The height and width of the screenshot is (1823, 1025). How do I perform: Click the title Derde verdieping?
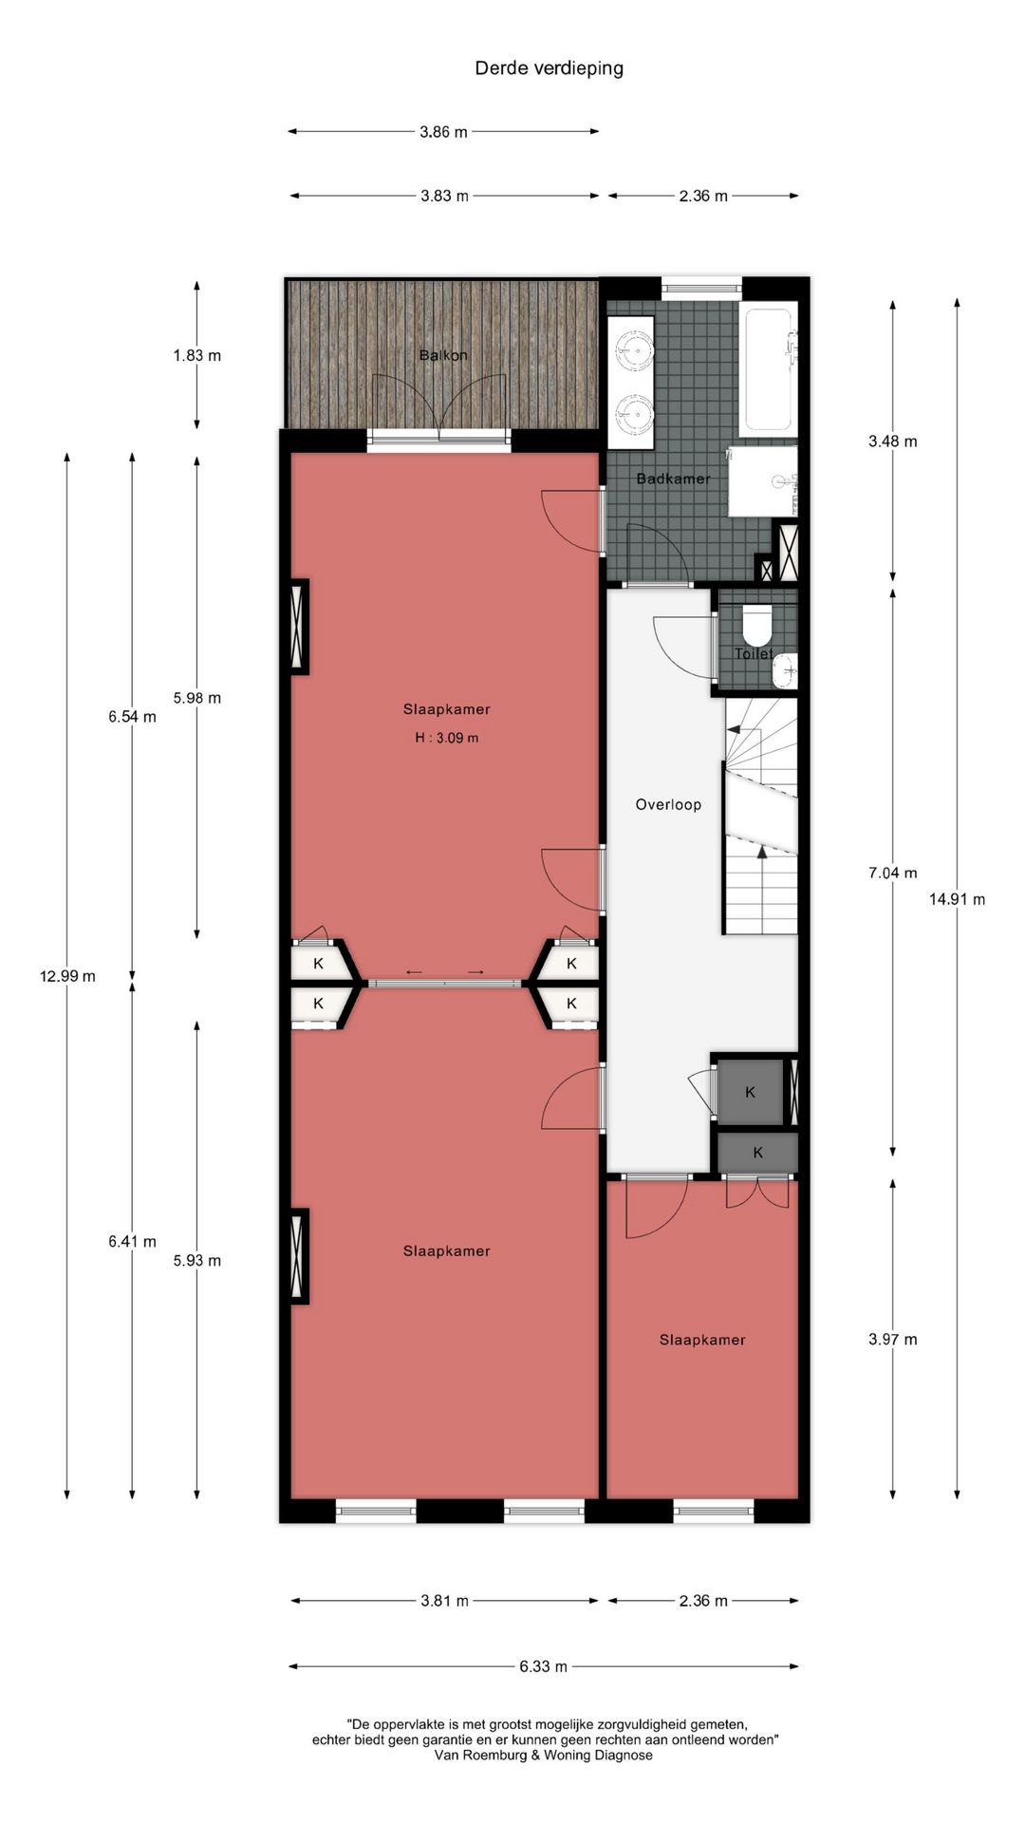549,68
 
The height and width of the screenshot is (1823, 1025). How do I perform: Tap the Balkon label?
443,355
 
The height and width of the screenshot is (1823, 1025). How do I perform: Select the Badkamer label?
673,479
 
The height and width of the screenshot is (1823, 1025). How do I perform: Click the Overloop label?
668,804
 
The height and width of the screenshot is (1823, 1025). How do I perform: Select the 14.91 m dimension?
957,899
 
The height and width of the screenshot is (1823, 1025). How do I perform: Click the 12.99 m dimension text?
67,976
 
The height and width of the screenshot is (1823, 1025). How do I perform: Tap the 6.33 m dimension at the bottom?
543,1666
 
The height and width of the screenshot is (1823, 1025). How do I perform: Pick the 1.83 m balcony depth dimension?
196,356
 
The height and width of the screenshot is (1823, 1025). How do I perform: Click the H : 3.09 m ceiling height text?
446,738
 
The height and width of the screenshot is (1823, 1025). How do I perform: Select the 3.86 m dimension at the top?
443,132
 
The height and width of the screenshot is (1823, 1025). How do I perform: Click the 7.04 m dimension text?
892,873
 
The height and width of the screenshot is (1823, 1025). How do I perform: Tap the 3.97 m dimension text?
892,1340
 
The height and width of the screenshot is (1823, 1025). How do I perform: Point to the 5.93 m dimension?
196,1261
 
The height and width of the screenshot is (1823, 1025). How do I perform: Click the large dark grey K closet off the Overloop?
750,1092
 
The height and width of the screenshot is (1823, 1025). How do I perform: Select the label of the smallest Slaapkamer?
702,1340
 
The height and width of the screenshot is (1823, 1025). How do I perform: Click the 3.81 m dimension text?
444,1601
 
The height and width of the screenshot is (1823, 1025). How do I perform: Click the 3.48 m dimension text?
892,442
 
